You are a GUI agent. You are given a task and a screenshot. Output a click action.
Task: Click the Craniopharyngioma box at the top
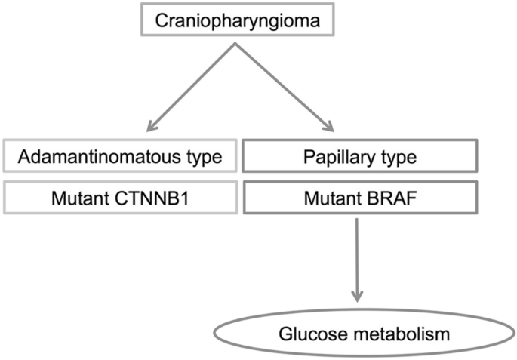coord(237,20)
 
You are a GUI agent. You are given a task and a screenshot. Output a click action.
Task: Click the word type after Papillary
coord(398,158)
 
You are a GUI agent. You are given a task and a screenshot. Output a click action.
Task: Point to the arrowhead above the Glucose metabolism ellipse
coord(359,295)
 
